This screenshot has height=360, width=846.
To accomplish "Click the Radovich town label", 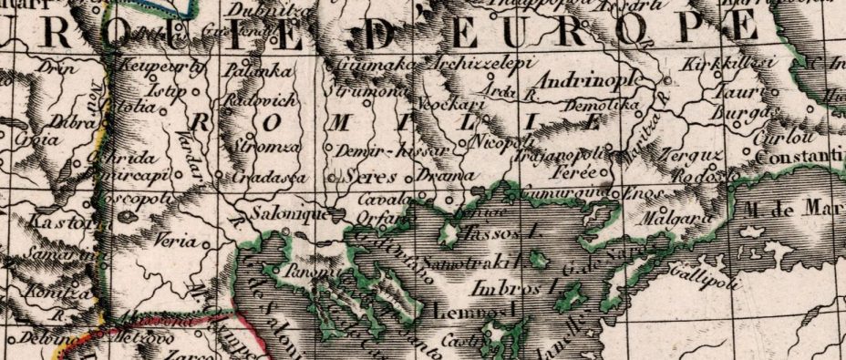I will pyautogui.click(x=258, y=100).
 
